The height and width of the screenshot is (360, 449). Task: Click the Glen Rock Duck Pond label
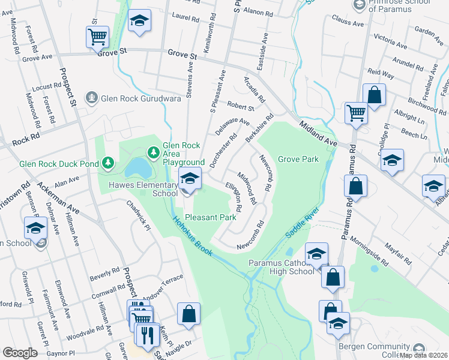click(59, 163)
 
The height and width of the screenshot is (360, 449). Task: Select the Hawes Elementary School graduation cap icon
click(190, 179)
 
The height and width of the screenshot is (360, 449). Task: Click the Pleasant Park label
click(210, 217)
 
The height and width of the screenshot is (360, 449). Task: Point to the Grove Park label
click(298, 160)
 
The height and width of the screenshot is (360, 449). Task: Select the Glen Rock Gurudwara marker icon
click(91, 96)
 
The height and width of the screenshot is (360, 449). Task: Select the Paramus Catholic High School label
click(282, 267)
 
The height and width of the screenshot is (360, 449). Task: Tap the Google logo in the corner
click(20, 353)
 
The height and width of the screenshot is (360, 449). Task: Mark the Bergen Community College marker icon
click(419, 348)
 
